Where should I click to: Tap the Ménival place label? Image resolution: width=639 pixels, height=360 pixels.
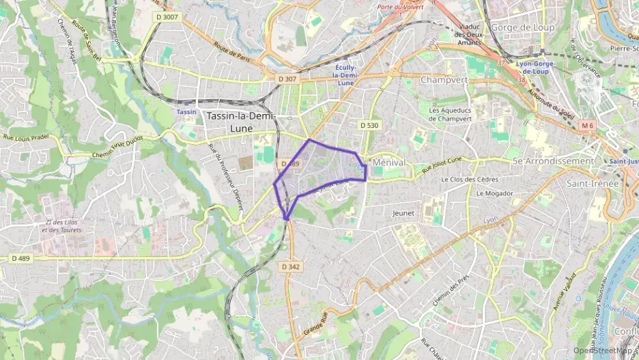[x=388, y=163]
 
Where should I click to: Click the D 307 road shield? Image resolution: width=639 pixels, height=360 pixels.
[x=288, y=79]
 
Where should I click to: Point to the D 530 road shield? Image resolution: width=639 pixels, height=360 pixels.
[x=369, y=125]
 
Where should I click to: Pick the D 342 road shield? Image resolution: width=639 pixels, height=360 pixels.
[x=290, y=266]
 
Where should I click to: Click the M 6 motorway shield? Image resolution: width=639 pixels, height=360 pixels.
[x=588, y=125]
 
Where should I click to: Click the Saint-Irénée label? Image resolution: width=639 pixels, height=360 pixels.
[x=592, y=183]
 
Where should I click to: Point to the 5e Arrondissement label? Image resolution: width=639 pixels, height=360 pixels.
[x=553, y=161]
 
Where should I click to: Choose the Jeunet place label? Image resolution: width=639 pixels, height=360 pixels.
[x=403, y=213]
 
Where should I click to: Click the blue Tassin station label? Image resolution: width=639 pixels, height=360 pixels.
[x=186, y=111]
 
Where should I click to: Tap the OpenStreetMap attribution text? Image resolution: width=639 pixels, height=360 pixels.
[x=603, y=350]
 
